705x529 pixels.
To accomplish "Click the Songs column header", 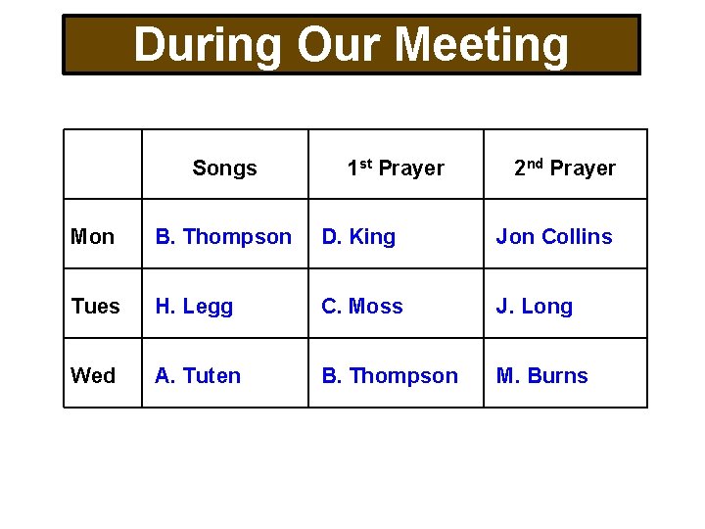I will click(x=224, y=168).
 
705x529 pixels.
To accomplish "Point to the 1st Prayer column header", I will click(x=396, y=168).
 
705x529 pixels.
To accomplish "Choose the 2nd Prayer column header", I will click(x=565, y=168).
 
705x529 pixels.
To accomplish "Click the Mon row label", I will click(x=93, y=237).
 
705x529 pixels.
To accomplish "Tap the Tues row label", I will click(x=96, y=307).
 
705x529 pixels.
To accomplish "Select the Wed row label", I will click(x=93, y=376).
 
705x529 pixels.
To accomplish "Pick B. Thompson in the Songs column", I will click(x=223, y=237).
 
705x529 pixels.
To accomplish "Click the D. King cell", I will click(x=359, y=237).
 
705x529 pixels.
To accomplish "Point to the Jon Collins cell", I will click(x=554, y=237).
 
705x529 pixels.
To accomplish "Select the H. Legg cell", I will click(x=194, y=307).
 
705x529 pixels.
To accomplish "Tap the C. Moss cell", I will click(x=362, y=307).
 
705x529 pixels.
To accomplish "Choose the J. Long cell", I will click(x=535, y=307).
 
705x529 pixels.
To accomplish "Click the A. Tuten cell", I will click(x=198, y=376).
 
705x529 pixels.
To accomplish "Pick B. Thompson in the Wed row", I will click(x=390, y=376).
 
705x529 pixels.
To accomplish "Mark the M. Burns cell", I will click(x=542, y=376).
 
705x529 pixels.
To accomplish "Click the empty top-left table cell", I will click(x=103, y=165).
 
